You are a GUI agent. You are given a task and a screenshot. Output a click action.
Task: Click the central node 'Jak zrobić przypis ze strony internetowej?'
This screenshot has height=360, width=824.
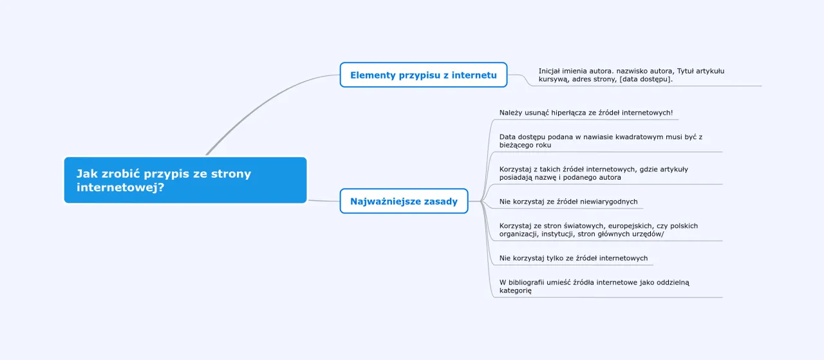click(x=185, y=180)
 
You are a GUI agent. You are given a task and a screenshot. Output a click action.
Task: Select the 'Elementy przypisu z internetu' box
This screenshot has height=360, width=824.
click(x=423, y=75)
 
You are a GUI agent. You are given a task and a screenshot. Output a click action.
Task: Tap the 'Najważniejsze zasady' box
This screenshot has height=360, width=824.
click(x=404, y=202)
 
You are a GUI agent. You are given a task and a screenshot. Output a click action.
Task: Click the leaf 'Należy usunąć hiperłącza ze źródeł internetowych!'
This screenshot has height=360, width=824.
click(x=586, y=113)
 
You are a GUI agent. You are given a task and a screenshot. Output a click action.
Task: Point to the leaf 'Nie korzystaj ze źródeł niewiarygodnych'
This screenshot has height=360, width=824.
click(x=568, y=202)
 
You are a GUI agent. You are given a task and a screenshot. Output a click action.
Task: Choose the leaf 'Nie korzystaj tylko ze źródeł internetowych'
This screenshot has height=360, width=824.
click(x=574, y=258)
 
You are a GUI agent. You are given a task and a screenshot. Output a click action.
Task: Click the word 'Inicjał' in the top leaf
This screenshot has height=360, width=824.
click(x=551, y=71)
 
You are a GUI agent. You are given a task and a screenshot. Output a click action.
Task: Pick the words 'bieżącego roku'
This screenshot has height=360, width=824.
click(x=525, y=145)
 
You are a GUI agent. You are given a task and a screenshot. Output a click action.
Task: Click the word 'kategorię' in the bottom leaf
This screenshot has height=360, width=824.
click(x=516, y=290)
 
